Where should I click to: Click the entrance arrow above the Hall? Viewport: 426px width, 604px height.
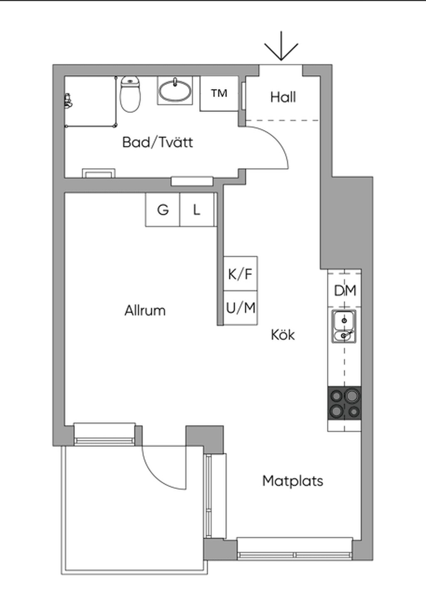pyautogui.click(x=281, y=47)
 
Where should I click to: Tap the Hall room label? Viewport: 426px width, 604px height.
pyautogui.click(x=283, y=97)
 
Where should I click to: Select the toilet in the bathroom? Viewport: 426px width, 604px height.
pyautogui.click(x=130, y=94)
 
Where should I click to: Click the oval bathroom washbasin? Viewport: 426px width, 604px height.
pyautogui.click(x=175, y=90)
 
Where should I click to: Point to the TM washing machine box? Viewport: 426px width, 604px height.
pyautogui.click(x=219, y=93)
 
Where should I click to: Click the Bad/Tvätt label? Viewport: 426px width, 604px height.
pyautogui.click(x=158, y=142)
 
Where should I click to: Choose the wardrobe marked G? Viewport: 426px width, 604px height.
pyautogui.click(x=163, y=209)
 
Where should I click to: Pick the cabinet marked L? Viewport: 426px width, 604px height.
pyautogui.click(x=197, y=209)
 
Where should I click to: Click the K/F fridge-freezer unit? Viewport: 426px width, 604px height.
pyautogui.click(x=240, y=274)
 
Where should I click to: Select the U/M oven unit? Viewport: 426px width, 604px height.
pyautogui.click(x=240, y=308)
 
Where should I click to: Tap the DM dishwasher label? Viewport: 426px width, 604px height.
pyautogui.click(x=345, y=291)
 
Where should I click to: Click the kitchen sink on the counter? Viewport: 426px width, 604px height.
pyautogui.click(x=344, y=327)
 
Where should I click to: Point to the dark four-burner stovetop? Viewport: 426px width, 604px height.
pyautogui.click(x=344, y=403)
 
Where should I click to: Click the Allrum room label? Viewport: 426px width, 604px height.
pyautogui.click(x=145, y=311)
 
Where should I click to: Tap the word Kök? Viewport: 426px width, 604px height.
pyautogui.click(x=282, y=335)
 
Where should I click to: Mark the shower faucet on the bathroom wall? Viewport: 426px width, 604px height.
pyautogui.click(x=68, y=101)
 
